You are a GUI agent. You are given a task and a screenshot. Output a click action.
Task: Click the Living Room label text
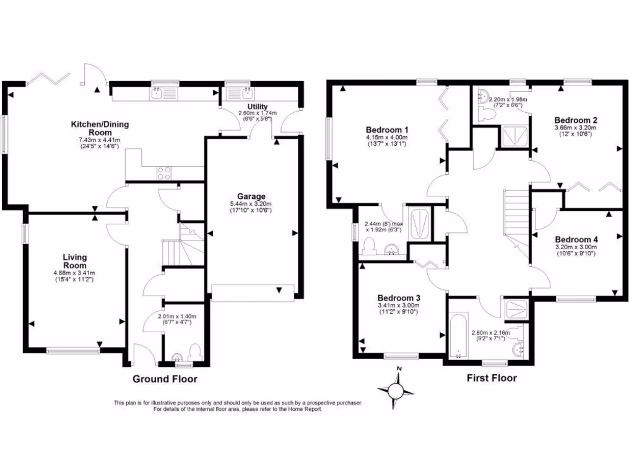pos(74,261)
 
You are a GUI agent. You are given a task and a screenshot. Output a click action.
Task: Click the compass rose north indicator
pos(399,371)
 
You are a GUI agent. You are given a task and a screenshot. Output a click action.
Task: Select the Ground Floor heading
pos(165,378)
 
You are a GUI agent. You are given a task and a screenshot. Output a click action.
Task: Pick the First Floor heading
pos(492,377)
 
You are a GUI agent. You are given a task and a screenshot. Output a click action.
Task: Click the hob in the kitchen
pos(165,173)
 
